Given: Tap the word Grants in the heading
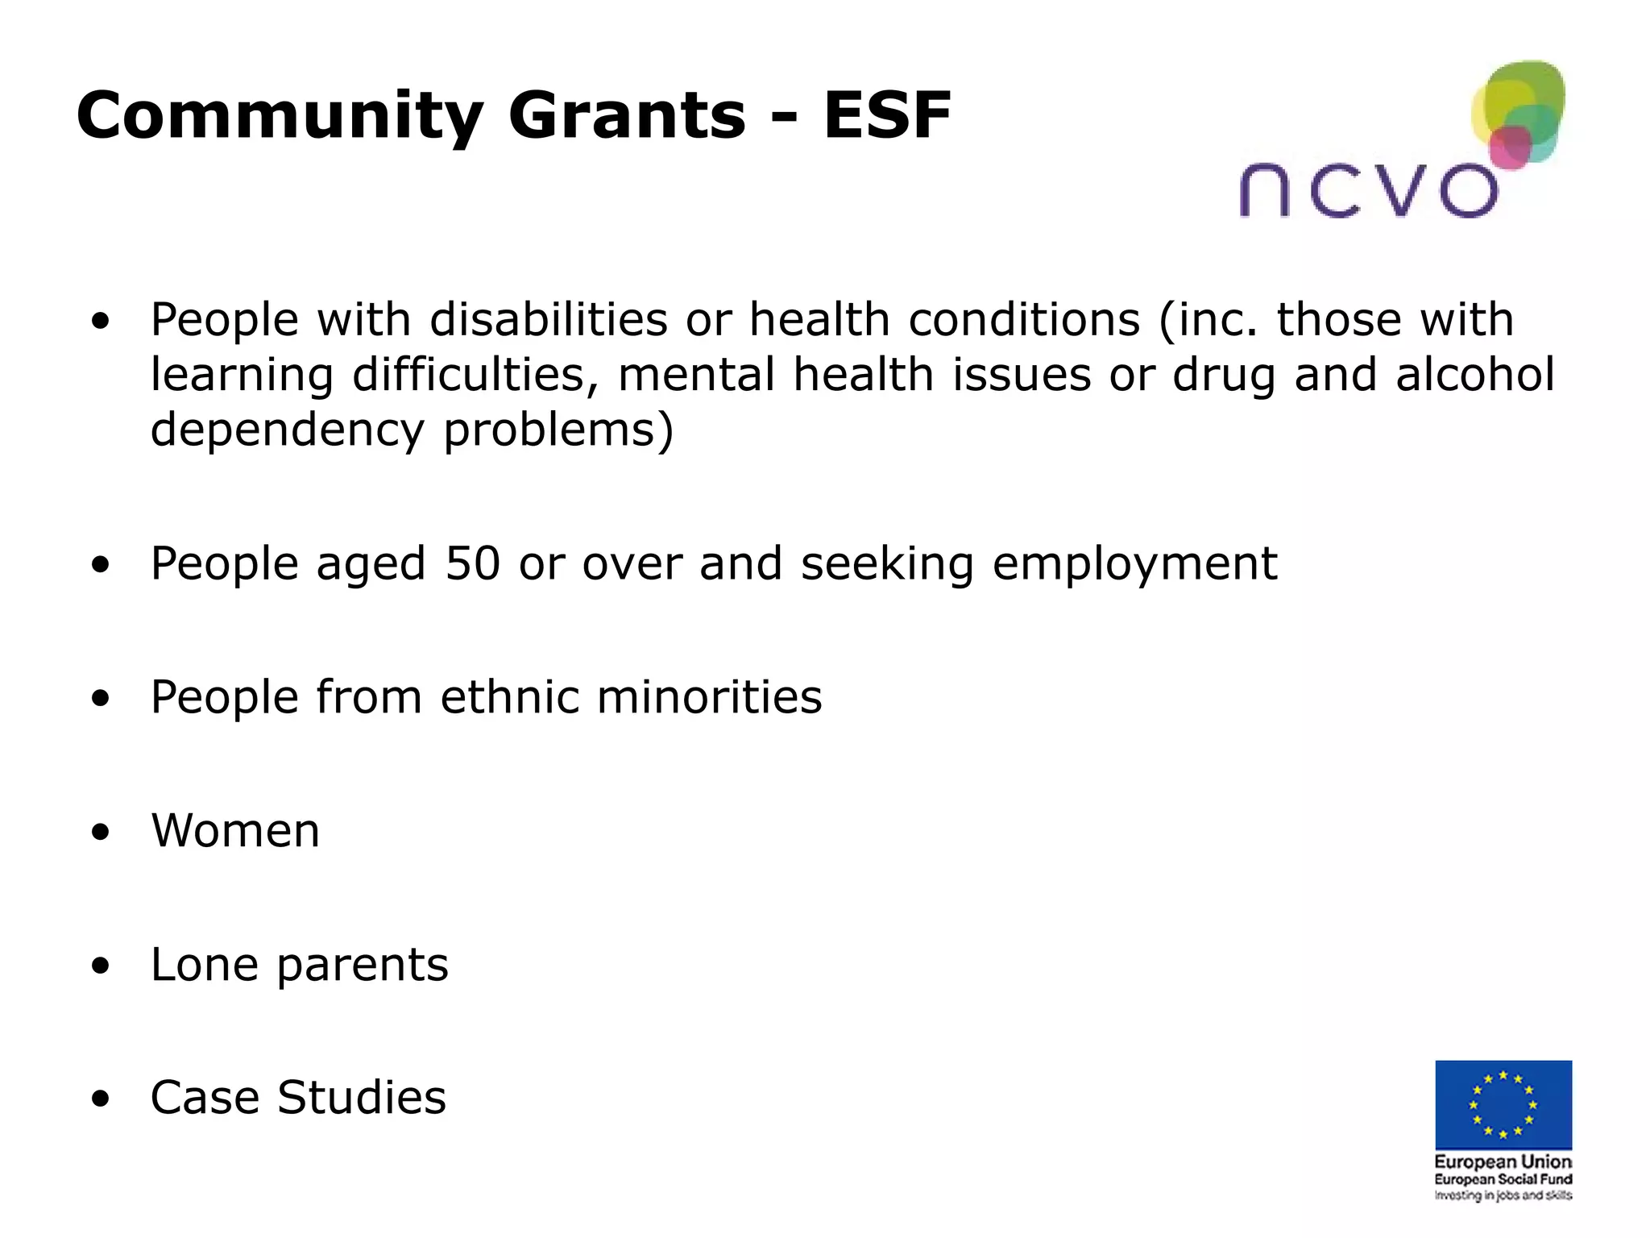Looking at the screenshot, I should click(x=627, y=116).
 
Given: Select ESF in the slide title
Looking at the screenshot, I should click(x=887, y=116).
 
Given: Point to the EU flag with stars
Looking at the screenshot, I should click(x=1503, y=1104).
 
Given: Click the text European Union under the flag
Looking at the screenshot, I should click(x=1503, y=1161).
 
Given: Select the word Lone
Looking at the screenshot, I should click(x=204, y=964).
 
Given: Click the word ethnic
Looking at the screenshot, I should click(x=509, y=696).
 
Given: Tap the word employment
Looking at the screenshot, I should click(x=1134, y=564).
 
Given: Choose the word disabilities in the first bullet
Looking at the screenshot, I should click(x=548, y=319).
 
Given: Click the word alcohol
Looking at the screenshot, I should click(x=1474, y=374).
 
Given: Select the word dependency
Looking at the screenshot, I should click(x=287, y=430).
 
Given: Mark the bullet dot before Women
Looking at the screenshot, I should click(x=100, y=832).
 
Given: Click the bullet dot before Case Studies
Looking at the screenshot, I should click(x=100, y=1099).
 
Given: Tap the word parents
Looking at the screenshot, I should click(x=363, y=966).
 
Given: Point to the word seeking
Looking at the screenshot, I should click(x=887, y=564).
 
